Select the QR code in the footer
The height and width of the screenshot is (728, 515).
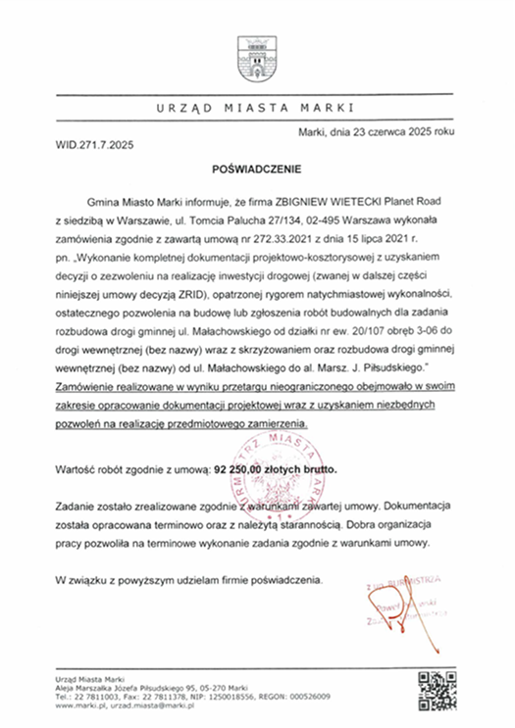434,689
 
